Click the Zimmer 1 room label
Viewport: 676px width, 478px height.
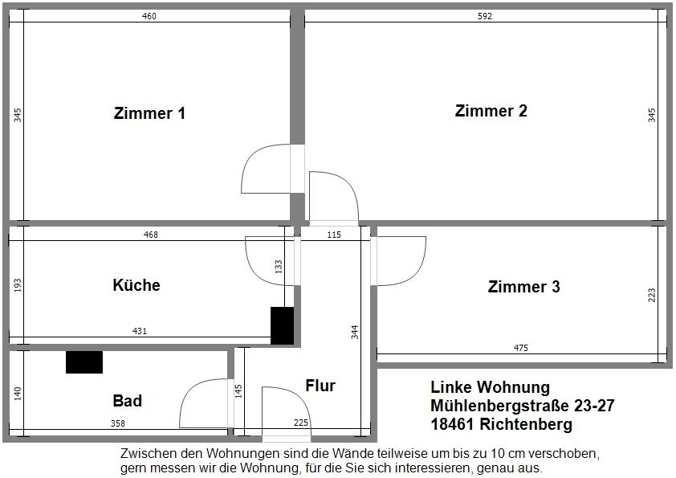150,113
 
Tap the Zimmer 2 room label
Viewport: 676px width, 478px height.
491,111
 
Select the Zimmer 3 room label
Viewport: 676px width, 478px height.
523,287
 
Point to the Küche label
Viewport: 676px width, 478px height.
136,285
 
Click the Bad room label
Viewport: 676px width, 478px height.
127,400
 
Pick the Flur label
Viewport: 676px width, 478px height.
320,386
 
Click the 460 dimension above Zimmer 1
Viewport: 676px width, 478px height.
149,16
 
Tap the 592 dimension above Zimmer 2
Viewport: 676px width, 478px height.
484,16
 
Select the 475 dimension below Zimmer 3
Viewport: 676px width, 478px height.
520,348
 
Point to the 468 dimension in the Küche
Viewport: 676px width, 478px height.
150,235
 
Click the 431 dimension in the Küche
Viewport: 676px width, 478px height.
140,330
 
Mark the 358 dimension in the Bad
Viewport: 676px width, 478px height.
117,423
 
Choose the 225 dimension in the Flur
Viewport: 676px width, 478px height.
301,423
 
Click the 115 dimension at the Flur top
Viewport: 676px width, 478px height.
333,235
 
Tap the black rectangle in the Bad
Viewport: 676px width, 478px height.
84,362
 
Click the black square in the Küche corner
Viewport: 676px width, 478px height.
282,325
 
